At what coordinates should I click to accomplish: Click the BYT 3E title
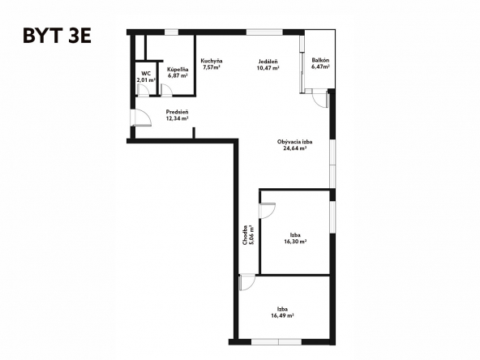(58, 36)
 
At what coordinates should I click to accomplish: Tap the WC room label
(146, 74)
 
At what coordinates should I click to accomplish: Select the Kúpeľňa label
(178, 70)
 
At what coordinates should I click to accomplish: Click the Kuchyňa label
(212, 61)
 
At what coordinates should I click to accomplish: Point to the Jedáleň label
(268, 62)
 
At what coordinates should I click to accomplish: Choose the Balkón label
(320, 60)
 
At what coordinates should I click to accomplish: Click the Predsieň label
(177, 112)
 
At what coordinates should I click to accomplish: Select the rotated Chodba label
(245, 235)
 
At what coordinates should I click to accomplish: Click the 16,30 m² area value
(295, 242)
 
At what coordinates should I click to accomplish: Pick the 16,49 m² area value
(282, 315)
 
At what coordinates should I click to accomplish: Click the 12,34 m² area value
(177, 118)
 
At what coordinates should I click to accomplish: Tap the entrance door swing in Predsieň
(141, 118)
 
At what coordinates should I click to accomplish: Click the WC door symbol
(143, 90)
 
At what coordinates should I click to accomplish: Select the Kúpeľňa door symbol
(166, 90)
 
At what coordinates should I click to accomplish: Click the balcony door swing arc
(320, 99)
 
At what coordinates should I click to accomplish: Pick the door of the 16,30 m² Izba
(268, 211)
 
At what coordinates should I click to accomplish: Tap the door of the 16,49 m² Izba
(247, 282)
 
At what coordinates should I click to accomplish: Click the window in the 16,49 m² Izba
(276, 342)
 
